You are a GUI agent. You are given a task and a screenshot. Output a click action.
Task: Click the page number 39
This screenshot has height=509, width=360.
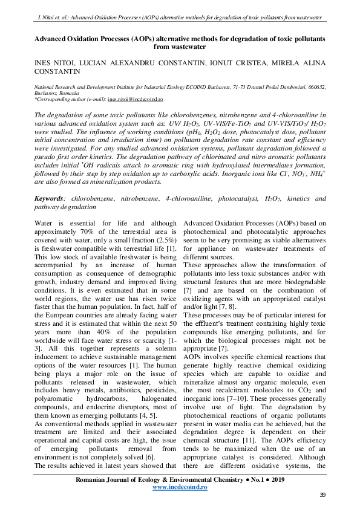click(322, 495)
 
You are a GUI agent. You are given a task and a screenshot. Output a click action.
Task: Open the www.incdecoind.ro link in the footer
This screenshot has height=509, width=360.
click(180, 486)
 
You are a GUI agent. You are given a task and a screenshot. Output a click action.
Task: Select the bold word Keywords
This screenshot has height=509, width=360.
click(50, 198)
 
